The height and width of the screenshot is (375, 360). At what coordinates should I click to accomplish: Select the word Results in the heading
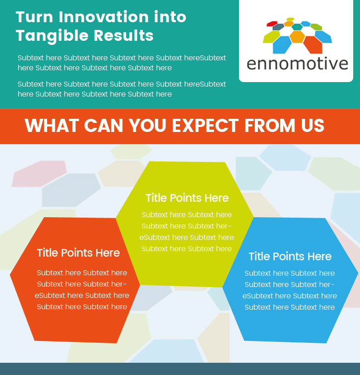coord(123,35)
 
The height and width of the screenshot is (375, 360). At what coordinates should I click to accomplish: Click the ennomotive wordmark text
coord(297,64)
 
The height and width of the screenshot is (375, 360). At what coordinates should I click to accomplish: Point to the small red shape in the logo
coord(272,24)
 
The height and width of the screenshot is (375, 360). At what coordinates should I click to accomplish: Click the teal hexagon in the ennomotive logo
coord(297,27)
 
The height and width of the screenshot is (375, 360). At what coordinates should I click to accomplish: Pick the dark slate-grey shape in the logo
coord(278,27)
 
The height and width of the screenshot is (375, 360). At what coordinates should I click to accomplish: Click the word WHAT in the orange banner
coord(52,125)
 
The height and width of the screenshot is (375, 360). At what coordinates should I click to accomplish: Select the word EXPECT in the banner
coord(205,125)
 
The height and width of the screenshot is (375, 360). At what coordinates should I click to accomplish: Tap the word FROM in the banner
coord(270,125)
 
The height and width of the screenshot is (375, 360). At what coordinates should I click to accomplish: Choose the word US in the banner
coord(313,125)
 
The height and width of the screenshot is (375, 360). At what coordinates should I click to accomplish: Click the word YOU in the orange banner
coord(147,125)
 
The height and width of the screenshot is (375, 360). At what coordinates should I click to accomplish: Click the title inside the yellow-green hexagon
coord(187,198)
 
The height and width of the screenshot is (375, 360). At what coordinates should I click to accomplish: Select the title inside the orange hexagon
coord(78,253)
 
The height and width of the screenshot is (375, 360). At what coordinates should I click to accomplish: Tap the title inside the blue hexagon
coord(290,256)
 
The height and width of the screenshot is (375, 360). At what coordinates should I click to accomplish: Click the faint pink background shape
coord(39,174)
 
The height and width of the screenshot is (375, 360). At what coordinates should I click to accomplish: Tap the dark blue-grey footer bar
coord(180,369)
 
